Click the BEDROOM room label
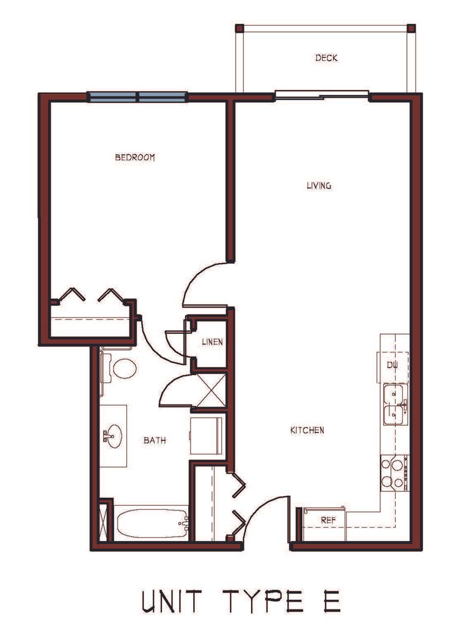click(x=135, y=157)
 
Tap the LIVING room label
click(x=319, y=185)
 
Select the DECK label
click(x=327, y=58)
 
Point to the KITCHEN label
click(x=307, y=431)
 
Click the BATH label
click(x=155, y=440)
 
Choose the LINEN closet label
click(x=212, y=342)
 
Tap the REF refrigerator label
click(x=328, y=520)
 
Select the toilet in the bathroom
click(x=119, y=368)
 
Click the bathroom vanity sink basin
click(x=113, y=436)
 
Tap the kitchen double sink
click(x=395, y=404)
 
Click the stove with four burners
click(x=395, y=473)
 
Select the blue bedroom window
click(x=137, y=97)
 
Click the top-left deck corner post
click(x=240, y=29)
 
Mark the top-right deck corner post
click(x=411, y=29)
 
